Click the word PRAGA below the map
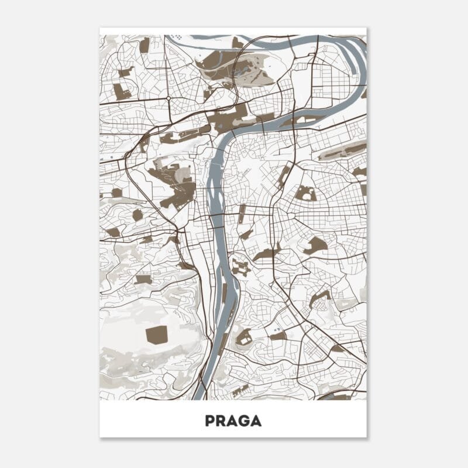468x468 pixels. [233, 421]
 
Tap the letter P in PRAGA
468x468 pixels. [210, 421]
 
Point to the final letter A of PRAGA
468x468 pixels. [256, 421]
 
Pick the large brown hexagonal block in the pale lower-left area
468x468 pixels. [156, 335]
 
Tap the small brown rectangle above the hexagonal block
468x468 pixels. [143, 279]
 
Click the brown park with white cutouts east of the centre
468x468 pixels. [305, 193]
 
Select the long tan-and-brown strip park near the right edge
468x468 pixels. [342, 152]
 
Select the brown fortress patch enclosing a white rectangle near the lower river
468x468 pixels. [244, 337]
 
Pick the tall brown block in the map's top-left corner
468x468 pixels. [144, 45]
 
